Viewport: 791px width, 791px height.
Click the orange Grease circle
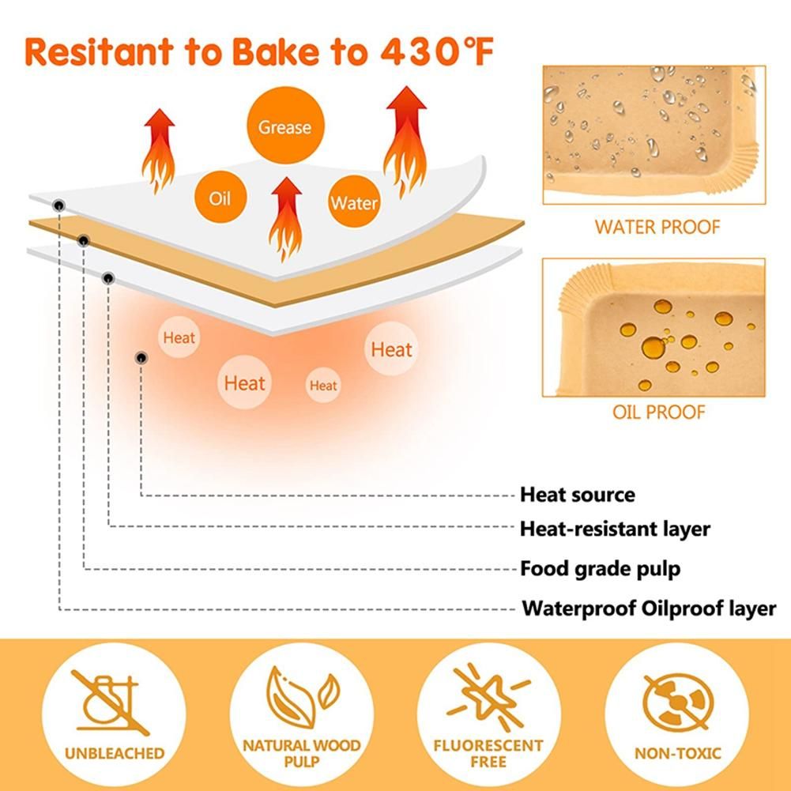[285, 125]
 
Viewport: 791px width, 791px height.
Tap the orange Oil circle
[220, 197]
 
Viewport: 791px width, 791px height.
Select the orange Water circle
[354, 202]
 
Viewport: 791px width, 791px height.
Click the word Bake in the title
[276, 51]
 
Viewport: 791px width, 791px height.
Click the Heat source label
[577, 495]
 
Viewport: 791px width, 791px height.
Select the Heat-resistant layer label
[615, 529]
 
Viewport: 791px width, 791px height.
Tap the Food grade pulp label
[600, 568]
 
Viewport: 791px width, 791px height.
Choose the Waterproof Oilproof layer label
[649, 608]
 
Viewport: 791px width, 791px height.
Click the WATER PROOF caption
[657, 227]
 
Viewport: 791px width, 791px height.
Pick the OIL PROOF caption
[658, 412]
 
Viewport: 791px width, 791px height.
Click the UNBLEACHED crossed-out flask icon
[111, 702]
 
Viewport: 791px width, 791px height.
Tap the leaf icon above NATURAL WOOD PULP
[302, 698]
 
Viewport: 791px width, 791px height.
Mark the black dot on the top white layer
[59, 205]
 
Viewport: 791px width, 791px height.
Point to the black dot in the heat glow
[141, 358]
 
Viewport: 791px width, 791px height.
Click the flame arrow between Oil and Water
[286, 219]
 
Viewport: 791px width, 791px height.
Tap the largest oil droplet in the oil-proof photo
[654, 348]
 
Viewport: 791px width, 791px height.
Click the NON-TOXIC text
[677, 753]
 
